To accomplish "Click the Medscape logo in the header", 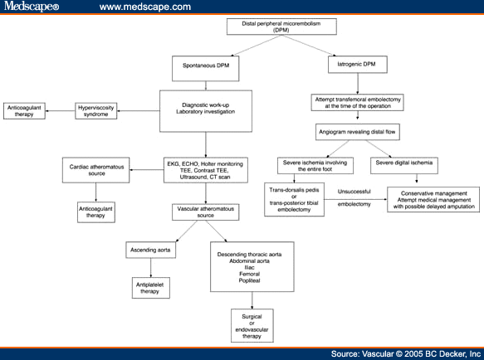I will (x=31, y=7).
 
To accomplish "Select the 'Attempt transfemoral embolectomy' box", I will (x=359, y=103).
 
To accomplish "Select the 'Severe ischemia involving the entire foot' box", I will (x=314, y=163).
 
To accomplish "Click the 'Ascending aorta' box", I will (x=149, y=249).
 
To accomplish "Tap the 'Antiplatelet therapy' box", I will (x=149, y=287).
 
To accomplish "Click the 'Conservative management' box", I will (x=433, y=199).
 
